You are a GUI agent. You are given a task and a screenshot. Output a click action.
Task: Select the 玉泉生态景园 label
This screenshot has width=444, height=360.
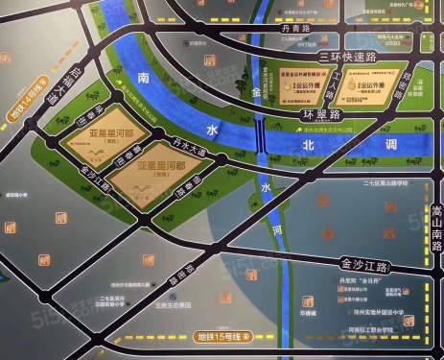click(x=176, y=309)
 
